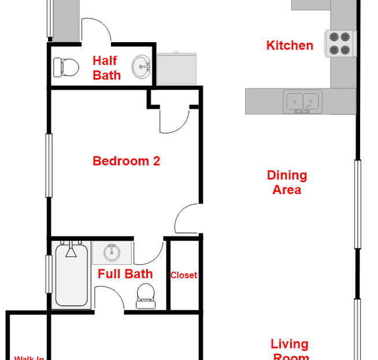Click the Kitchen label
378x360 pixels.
[x=290, y=46]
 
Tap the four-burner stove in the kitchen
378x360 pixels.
[x=340, y=43]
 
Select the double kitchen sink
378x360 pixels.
[x=303, y=101]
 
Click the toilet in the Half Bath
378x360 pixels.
[x=66, y=67]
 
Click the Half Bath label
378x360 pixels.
[x=106, y=68]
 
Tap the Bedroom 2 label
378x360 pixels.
[x=126, y=161]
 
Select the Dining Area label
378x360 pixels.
[x=287, y=182]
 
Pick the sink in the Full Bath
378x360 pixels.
[x=112, y=252]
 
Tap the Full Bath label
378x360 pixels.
[x=125, y=274]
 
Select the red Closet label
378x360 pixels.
[x=184, y=276]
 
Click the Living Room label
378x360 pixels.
[x=289, y=350]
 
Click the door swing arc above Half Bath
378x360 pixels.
[x=96, y=30]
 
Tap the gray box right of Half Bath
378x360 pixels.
[x=177, y=68]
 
